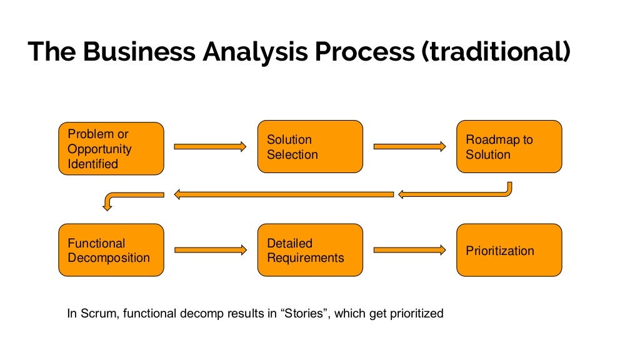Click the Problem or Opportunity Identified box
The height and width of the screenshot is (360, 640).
[111, 148]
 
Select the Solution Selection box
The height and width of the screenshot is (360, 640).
[310, 147]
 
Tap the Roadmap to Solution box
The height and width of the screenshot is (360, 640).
[509, 147]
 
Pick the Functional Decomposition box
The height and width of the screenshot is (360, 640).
[111, 250]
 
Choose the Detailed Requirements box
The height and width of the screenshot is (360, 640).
[310, 250]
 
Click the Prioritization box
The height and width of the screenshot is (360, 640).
[509, 250]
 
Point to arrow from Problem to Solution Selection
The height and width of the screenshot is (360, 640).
[210, 147]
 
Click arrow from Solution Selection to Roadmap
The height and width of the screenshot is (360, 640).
[409, 147]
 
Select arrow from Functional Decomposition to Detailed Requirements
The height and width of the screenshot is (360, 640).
[210, 250]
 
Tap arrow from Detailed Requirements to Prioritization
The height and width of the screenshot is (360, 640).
[409, 250]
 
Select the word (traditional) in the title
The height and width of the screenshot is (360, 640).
[496, 52]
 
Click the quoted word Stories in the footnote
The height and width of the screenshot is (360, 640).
[304, 313]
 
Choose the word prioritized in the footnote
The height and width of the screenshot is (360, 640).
[415, 313]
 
